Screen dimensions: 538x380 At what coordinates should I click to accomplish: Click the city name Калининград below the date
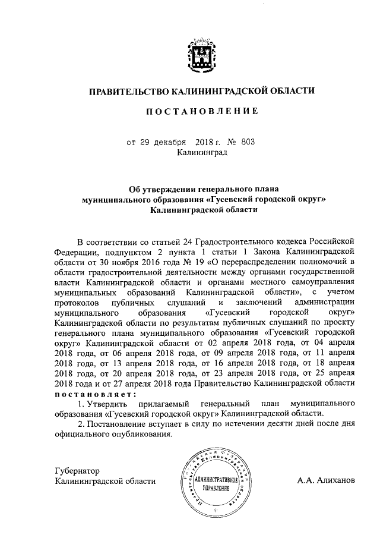[x=202, y=153]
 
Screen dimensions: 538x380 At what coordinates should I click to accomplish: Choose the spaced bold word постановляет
[x=95, y=394]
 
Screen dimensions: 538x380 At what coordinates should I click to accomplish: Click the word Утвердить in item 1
[x=109, y=404]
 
